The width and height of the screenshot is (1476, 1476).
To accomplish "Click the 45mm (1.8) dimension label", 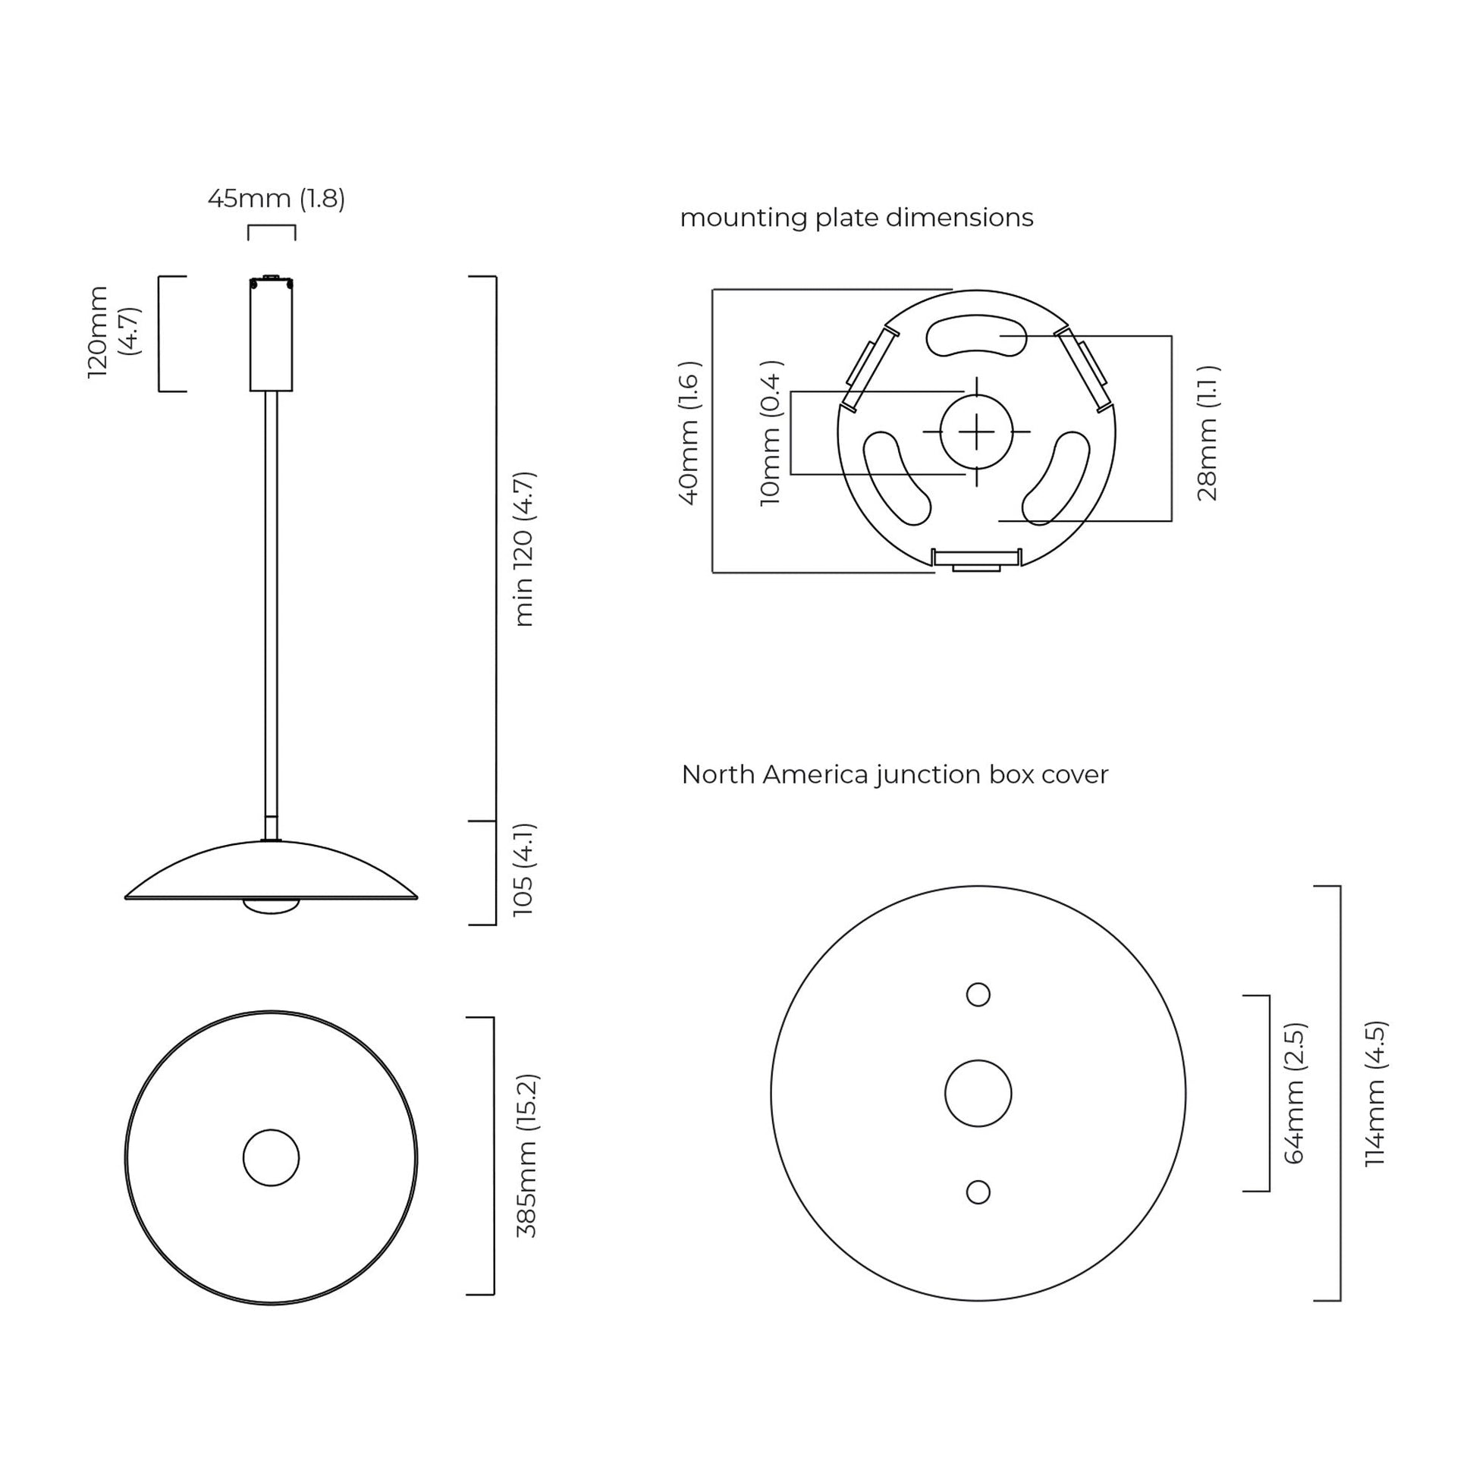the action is tap(277, 199).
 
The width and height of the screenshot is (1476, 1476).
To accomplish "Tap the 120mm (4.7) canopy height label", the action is tap(113, 331).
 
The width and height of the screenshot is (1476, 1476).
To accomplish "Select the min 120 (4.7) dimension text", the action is tap(524, 548).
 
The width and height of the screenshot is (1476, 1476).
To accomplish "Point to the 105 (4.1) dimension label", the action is tap(524, 869).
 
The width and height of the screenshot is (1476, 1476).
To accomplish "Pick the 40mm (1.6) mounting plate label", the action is tap(689, 433).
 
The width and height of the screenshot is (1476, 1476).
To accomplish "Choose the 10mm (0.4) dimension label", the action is tap(771, 433).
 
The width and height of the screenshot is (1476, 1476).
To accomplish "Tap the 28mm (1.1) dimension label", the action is tap(1207, 433).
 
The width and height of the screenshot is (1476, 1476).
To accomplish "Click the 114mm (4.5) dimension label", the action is tap(1375, 1093).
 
